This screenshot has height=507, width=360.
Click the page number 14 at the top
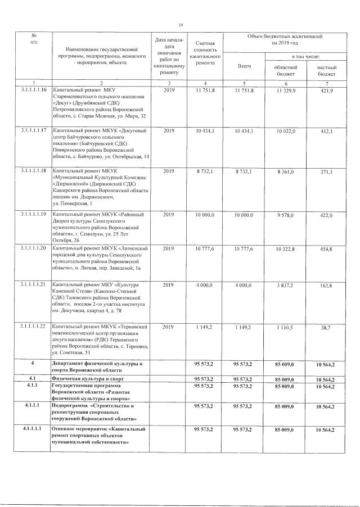(181, 25)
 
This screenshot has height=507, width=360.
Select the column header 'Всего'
(244, 66)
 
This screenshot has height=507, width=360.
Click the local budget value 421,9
(323, 90)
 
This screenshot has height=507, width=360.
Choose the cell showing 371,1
(323, 170)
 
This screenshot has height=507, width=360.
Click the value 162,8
(323, 286)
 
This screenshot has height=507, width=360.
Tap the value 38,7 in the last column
(323, 326)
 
